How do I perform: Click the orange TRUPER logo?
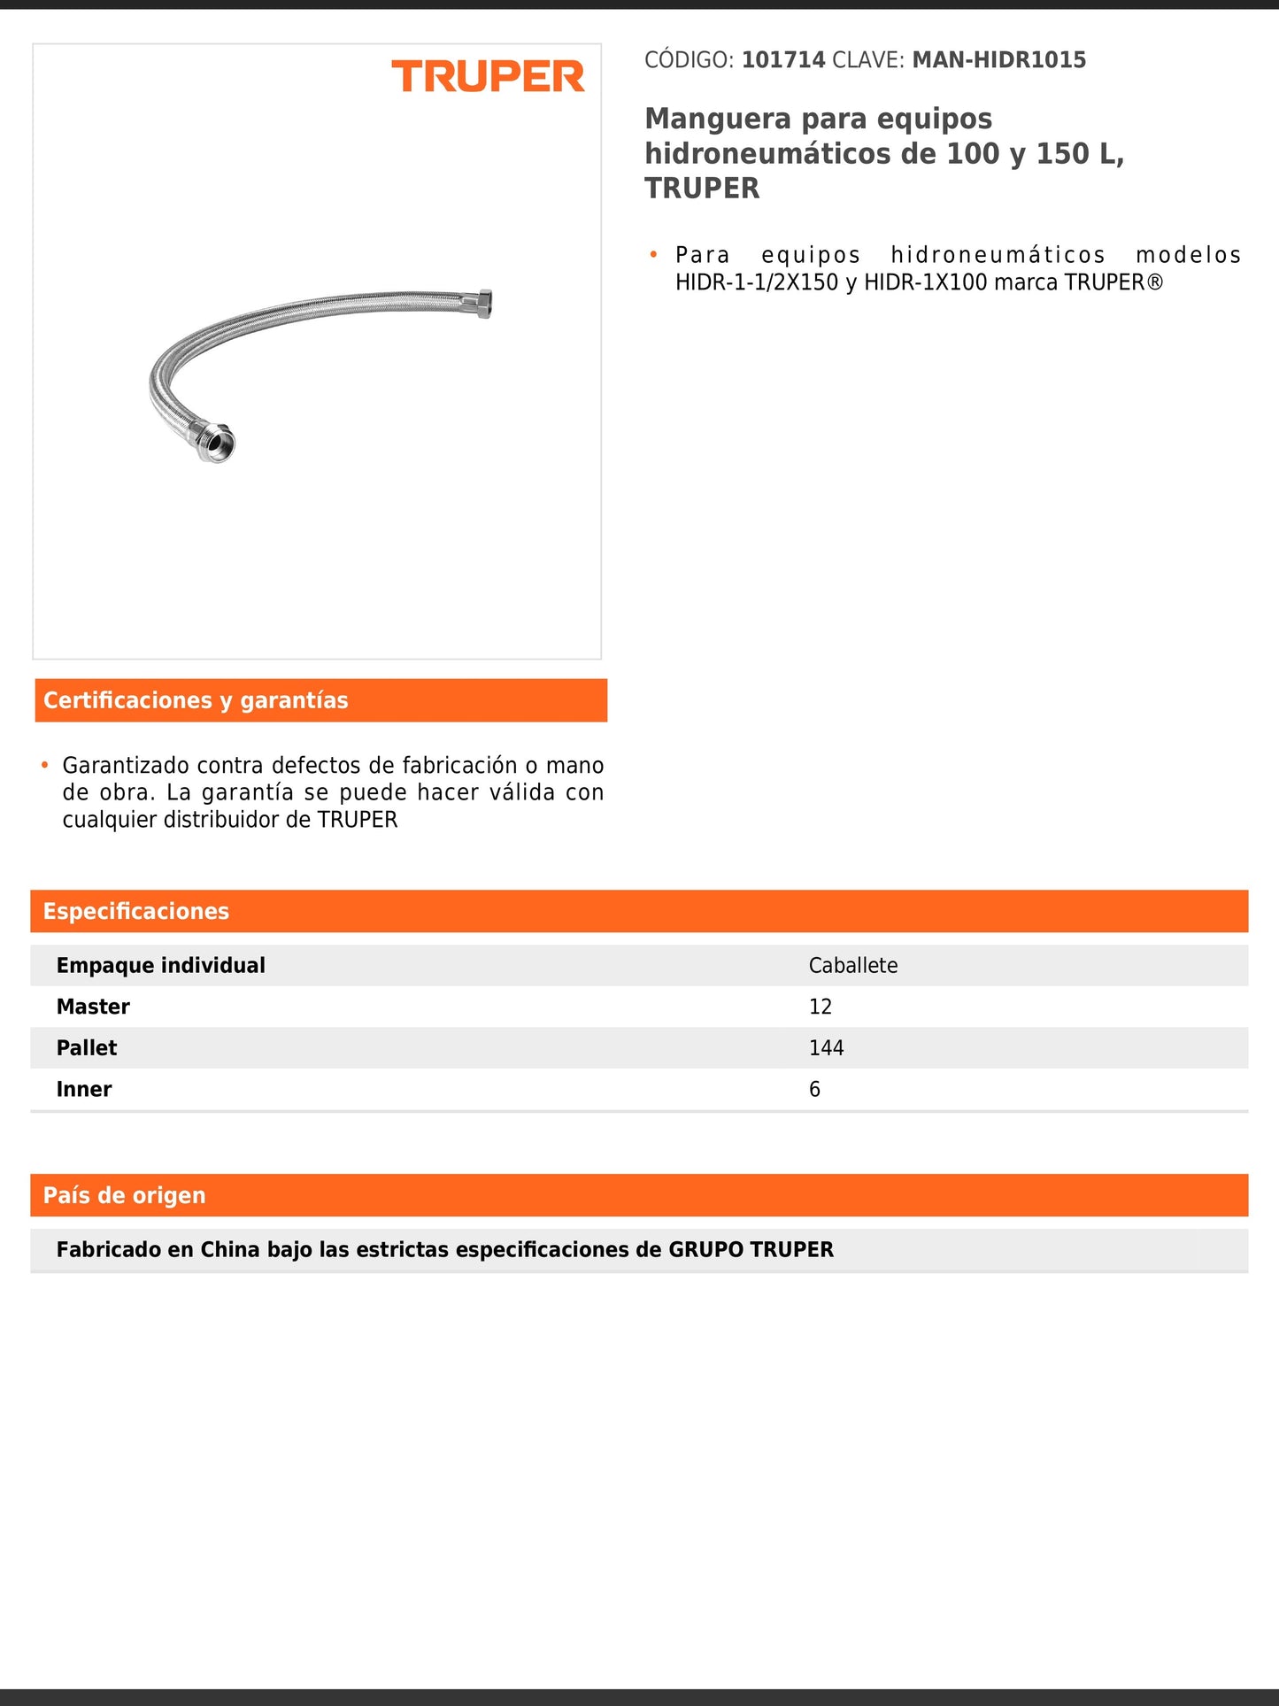point(488,77)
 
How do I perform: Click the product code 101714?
point(782,60)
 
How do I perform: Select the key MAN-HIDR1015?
point(998,60)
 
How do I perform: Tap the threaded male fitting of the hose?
point(215,442)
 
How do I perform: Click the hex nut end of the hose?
point(482,303)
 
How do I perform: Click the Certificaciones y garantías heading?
point(196,700)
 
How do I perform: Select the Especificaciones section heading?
point(136,911)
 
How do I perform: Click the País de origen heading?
point(124,1195)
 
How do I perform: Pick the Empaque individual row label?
point(160,965)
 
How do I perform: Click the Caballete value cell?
point(852,965)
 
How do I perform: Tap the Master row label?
point(93,1007)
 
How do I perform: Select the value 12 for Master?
point(820,1007)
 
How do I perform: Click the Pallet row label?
point(87,1047)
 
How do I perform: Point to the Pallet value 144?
point(826,1047)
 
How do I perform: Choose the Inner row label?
point(84,1089)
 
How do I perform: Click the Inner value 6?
point(814,1089)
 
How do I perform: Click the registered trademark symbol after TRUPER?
point(1154,282)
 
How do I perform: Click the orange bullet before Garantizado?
point(44,764)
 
